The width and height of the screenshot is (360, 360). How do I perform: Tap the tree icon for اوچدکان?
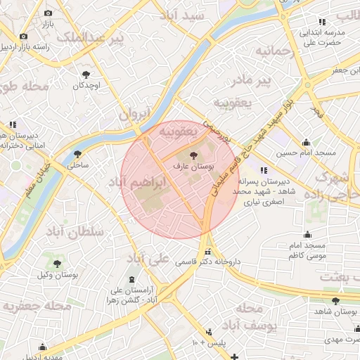[x=86, y=74]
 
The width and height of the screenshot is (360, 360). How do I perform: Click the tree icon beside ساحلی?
[x=77, y=154]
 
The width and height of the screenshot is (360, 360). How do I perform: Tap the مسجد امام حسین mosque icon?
[x=306, y=142]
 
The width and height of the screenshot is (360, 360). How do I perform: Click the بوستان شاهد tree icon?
[x=335, y=301]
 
